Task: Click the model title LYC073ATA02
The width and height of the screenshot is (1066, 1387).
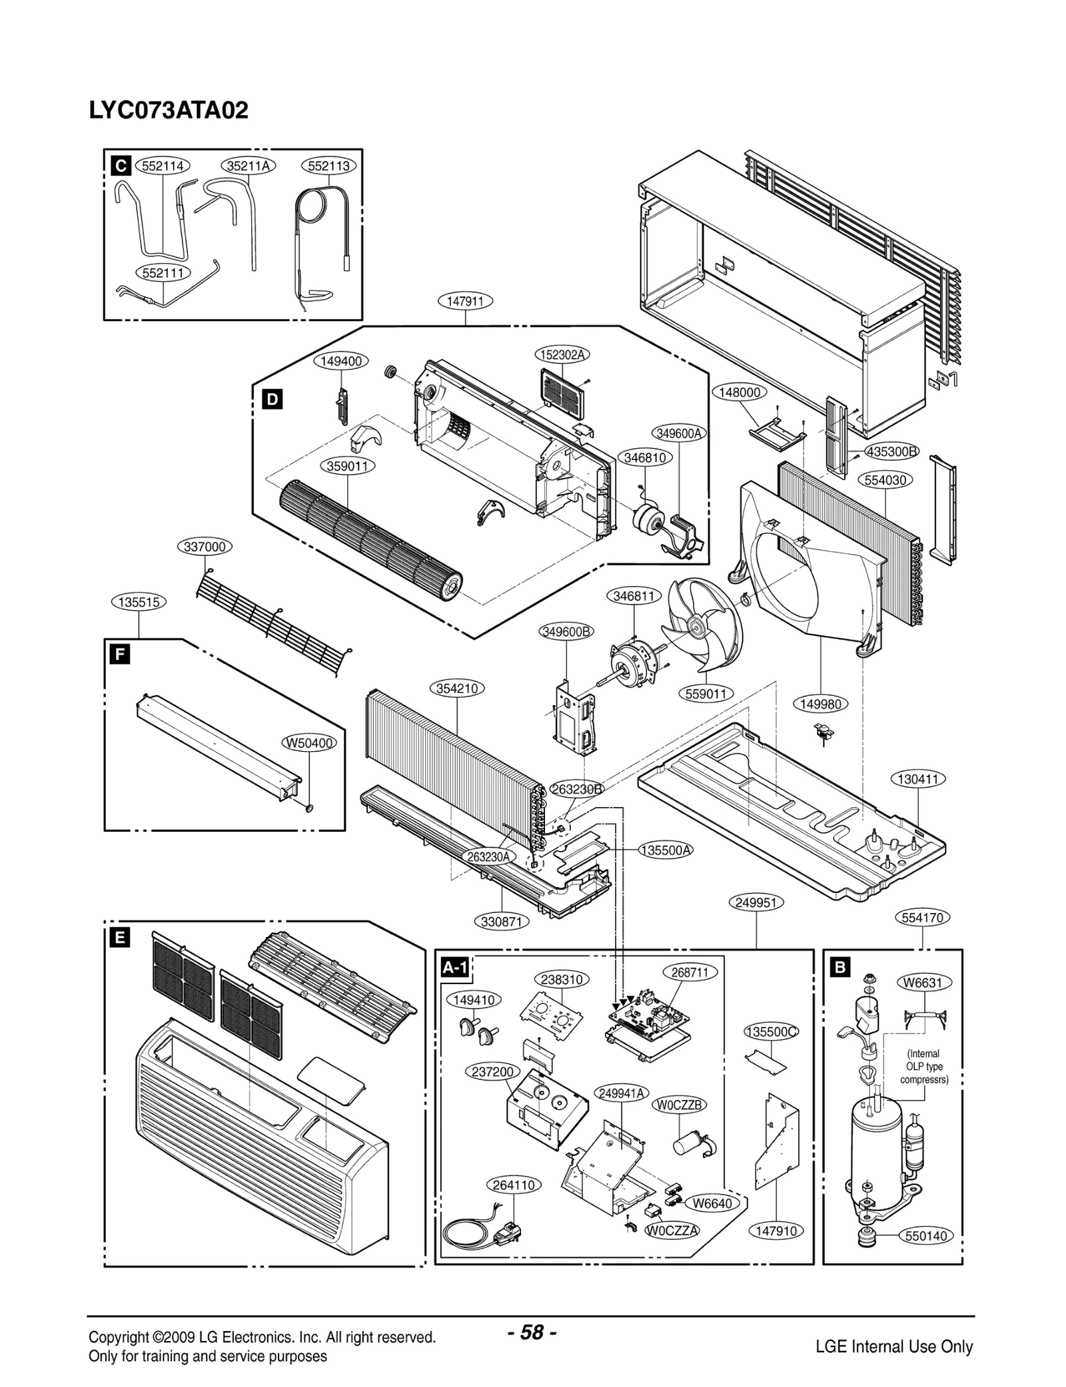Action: pyautogui.click(x=169, y=110)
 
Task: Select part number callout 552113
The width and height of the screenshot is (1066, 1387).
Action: pyautogui.click(x=329, y=166)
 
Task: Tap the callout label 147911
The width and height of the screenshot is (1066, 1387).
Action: pyautogui.click(x=465, y=301)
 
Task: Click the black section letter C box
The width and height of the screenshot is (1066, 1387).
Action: pyautogui.click(x=121, y=166)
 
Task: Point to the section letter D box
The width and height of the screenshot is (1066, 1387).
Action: pyautogui.click(x=272, y=400)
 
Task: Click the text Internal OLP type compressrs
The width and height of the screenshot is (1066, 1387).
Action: pyautogui.click(x=923, y=1067)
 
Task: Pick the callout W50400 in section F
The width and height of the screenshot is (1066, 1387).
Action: pyautogui.click(x=310, y=743)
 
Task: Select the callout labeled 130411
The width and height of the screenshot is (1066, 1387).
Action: pyautogui.click(x=918, y=778)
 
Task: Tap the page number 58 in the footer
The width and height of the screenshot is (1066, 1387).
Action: pyautogui.click(x=532, y=1332)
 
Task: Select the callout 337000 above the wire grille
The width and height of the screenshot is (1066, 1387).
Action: pyautogui.click(x=205, y=547)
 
